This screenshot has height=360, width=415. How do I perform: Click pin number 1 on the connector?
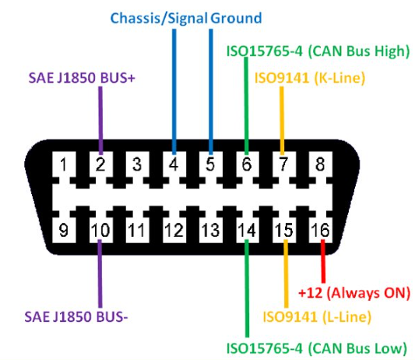64,164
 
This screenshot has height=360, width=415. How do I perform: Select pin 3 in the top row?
137,164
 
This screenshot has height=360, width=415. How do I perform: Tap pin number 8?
320,164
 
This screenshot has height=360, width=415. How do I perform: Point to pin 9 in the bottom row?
64,230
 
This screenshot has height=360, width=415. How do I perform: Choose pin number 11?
136,230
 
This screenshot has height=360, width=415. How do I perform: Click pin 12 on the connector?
174,230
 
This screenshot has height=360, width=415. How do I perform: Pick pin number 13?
210,230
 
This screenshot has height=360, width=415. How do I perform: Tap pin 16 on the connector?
320,230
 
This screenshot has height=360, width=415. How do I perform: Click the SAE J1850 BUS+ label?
82,78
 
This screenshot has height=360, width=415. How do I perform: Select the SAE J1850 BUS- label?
76,316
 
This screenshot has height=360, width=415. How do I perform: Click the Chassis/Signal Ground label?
186,18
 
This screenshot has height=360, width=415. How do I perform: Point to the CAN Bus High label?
318,51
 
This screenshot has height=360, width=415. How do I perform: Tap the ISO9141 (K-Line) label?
310,78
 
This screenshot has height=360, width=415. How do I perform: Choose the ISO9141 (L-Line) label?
317,317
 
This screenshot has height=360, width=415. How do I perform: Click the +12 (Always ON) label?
354,293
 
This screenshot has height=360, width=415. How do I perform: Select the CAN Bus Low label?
317,348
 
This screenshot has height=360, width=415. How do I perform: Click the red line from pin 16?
323,262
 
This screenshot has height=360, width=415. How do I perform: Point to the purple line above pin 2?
100,121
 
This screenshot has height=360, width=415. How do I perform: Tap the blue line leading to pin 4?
174,92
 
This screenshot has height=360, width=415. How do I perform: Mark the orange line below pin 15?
286,274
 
